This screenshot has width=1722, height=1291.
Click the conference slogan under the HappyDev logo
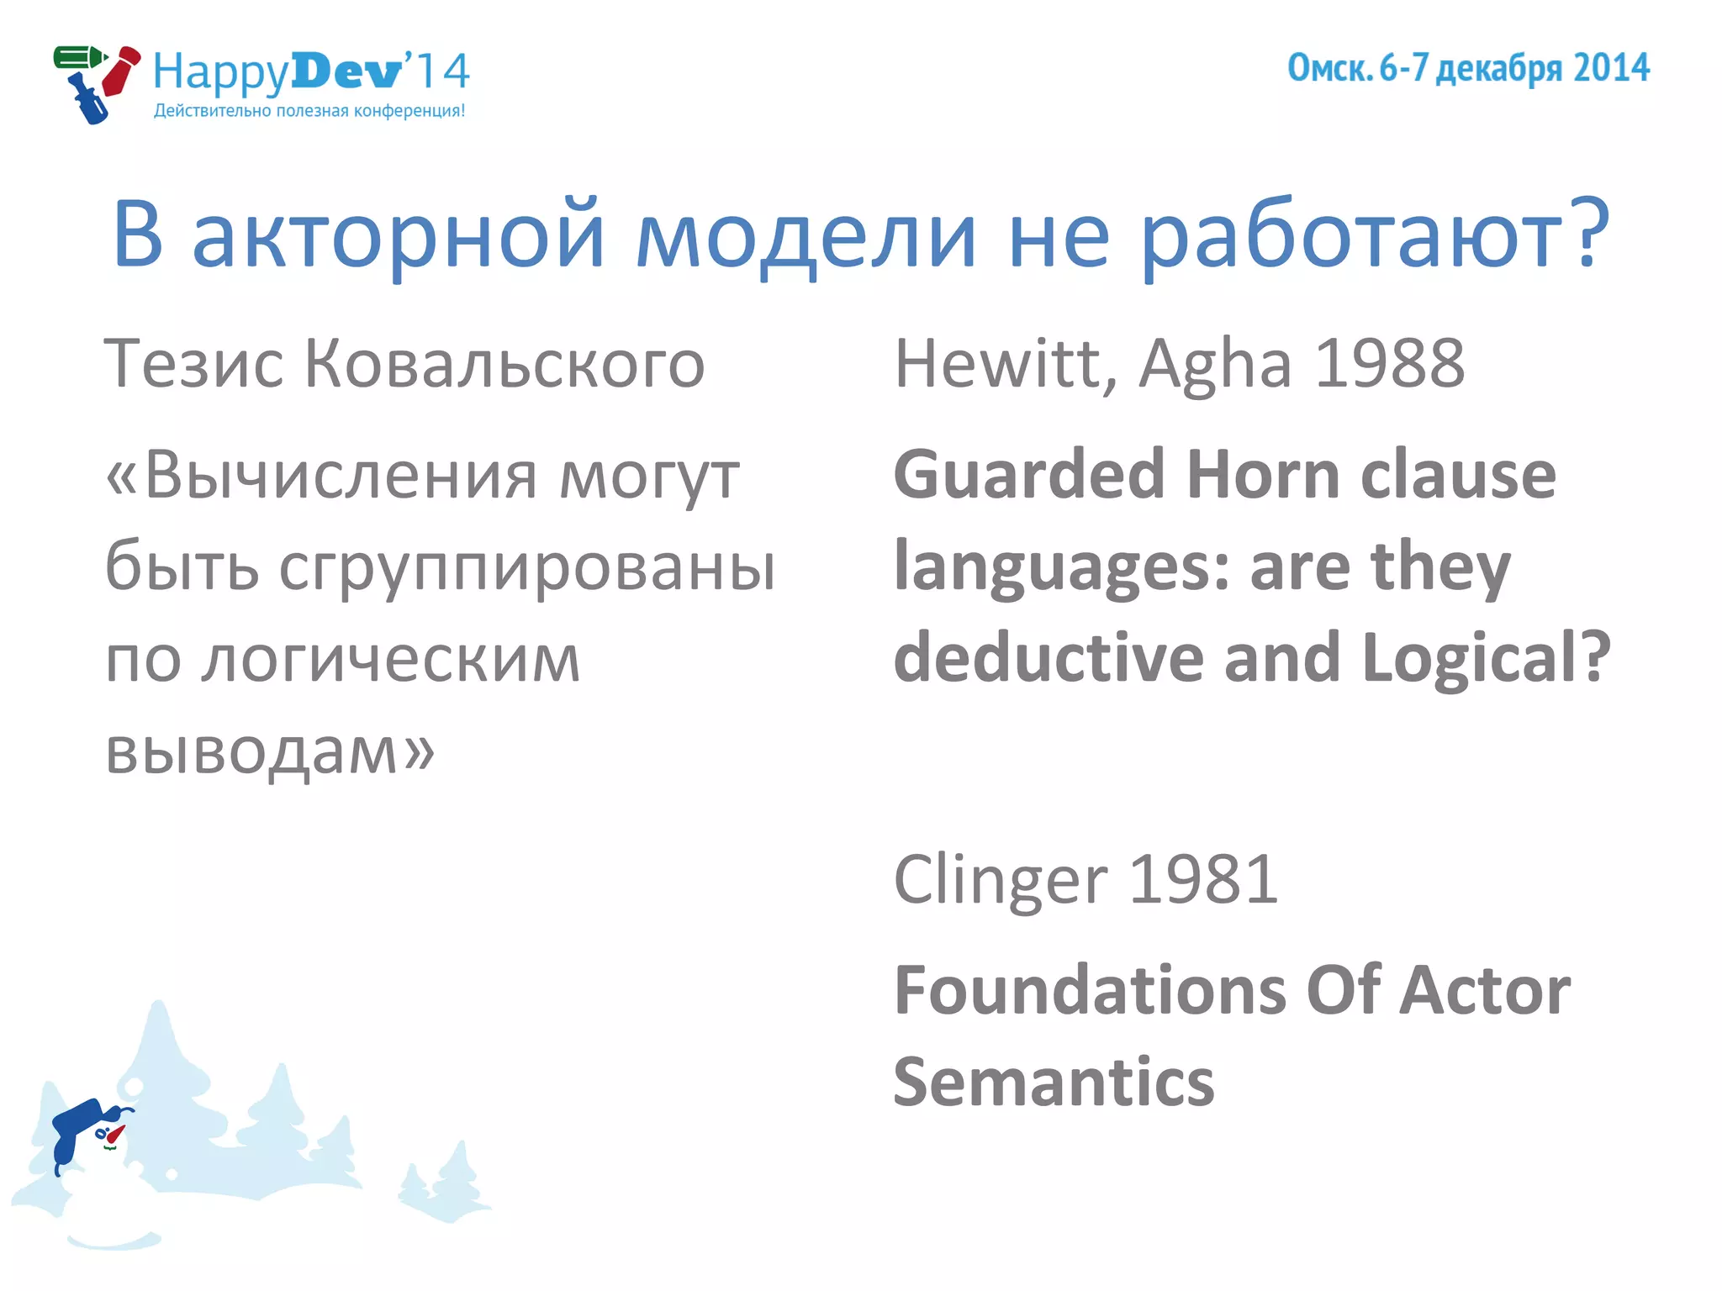coord(309,111)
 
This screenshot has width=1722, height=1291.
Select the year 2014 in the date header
coord(1611,68)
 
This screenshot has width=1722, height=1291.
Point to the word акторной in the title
coord(399,235)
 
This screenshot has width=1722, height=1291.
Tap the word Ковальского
coord(504,365)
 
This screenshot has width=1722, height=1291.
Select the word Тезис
coord(193,365)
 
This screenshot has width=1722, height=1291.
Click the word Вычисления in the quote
coord(341,476)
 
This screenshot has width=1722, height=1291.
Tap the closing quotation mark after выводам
coord(419,751)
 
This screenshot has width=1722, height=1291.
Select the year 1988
coord(1389,365)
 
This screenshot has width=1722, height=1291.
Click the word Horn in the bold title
coord(1263,475)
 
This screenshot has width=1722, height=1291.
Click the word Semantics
coord(1054,1083)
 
